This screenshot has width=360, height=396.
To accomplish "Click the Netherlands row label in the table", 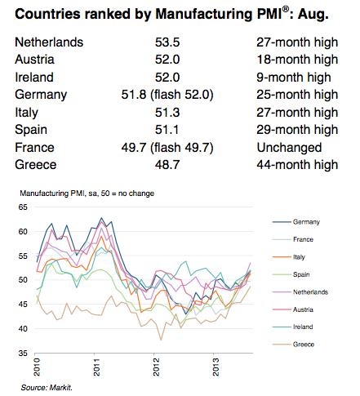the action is pos(49,42).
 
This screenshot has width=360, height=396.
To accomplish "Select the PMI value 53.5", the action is pos(167,42).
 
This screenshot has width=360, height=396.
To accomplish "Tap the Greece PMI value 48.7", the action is pos(167,165).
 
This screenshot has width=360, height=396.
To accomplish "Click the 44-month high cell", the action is pos(297,165).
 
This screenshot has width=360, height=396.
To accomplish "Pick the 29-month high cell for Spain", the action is pos(297,130).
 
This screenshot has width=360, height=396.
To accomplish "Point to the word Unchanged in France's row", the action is pos(289,148).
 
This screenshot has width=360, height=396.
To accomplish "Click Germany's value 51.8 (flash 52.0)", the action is pos(167,95).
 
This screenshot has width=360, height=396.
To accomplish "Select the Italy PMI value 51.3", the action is pos(167,113).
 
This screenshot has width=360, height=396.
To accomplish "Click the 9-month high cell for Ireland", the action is pos(294,78).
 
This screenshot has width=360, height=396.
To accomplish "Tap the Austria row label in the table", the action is pos(34,60).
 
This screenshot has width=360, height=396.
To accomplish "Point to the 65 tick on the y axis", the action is pos(23,207).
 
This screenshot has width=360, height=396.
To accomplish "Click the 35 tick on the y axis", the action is pos(23,354).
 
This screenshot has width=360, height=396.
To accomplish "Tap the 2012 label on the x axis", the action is pos(156,367).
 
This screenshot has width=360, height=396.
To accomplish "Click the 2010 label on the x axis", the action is pos(37,367).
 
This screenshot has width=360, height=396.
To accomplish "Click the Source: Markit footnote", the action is pos(47,388).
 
